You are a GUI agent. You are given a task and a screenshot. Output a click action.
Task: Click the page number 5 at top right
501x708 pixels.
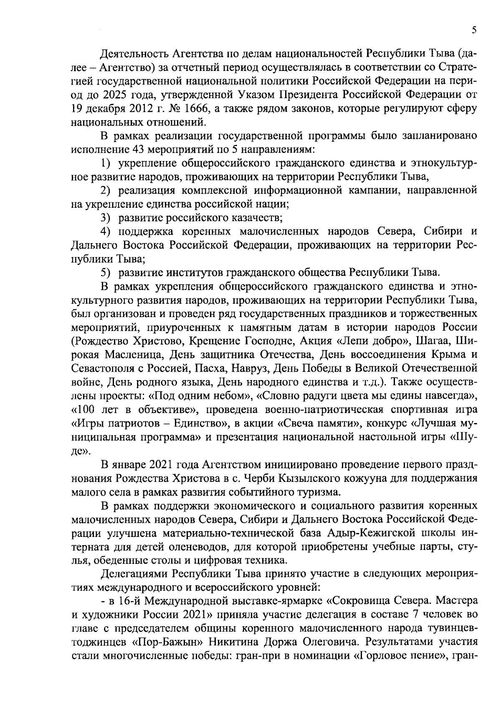(474, 30)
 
